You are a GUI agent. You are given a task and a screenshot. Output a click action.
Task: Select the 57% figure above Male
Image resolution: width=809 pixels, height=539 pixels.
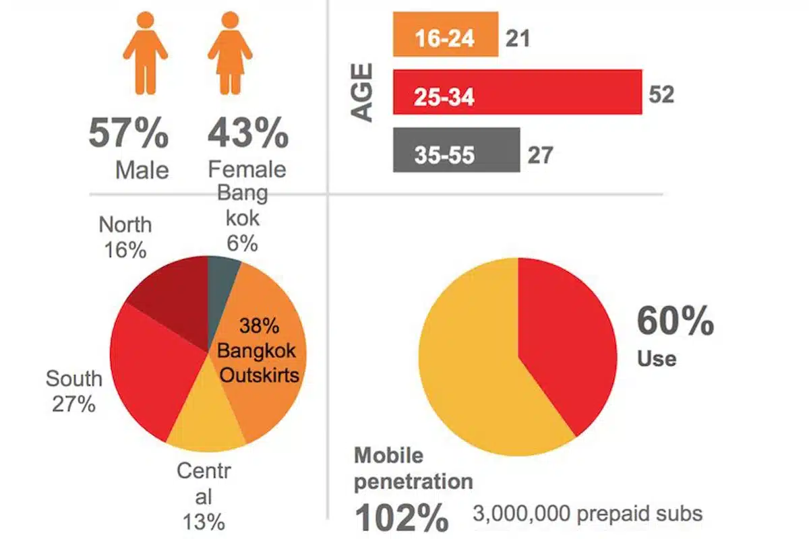click(128, 134)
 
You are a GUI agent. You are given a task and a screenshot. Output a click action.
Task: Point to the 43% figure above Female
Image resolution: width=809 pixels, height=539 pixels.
click(247, 134)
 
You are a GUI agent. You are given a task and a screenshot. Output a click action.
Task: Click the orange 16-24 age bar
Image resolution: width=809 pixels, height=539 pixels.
click(445, 34)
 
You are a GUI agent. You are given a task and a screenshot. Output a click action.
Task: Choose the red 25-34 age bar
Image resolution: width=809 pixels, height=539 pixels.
click(516, 92)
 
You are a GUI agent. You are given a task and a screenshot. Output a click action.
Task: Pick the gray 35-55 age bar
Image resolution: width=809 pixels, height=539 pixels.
click(456, 150)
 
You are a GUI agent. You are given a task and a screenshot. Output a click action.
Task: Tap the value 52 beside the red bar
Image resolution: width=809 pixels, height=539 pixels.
click(661, 94)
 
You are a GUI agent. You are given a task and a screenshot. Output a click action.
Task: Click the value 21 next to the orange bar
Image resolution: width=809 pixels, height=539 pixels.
click(517, 38)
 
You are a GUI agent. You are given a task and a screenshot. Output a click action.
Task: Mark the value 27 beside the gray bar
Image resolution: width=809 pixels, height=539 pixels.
click(539, 155)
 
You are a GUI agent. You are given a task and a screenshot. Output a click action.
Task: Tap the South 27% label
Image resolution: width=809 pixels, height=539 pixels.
click(73, 391)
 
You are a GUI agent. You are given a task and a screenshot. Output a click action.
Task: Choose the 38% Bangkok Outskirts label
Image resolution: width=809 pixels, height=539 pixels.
click(258, 350)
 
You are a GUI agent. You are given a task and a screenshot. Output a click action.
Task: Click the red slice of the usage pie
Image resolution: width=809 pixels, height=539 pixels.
click(566, 337)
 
